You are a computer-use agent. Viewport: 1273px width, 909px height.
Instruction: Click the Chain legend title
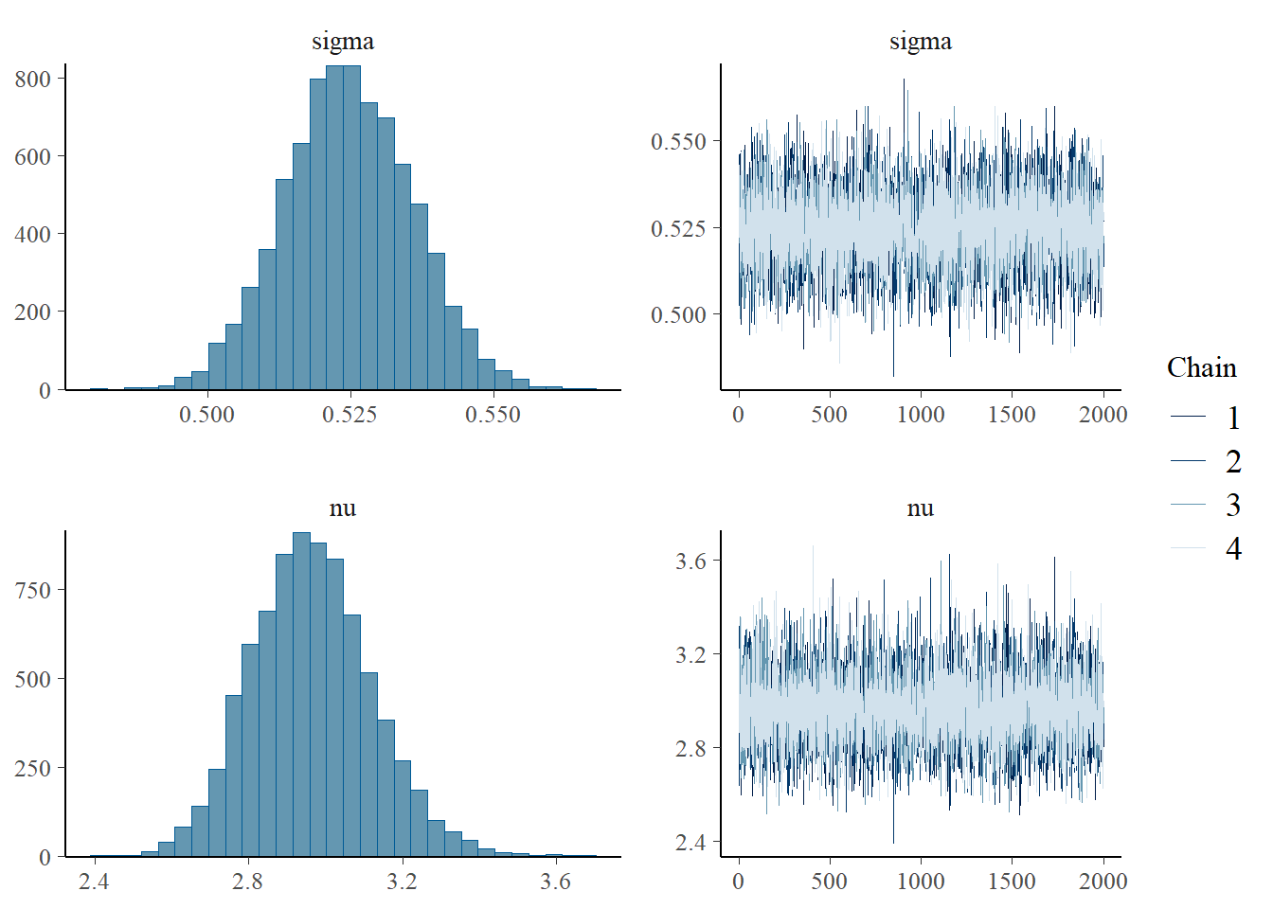[1201, 367]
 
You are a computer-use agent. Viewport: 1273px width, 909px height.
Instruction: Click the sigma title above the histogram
[343, 42]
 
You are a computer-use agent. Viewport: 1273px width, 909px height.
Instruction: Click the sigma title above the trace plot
[921, 42]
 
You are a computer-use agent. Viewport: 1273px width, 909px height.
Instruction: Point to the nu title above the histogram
[343, 508]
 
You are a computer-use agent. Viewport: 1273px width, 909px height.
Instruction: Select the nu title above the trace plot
[921, 508]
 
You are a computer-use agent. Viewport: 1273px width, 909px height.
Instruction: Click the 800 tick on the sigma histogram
[33, 80]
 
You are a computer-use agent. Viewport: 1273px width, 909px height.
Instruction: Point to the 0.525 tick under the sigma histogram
[350, 415]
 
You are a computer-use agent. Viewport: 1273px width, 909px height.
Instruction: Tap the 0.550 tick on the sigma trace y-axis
[678, 142]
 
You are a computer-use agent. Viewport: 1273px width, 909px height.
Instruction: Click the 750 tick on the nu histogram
[33, 590]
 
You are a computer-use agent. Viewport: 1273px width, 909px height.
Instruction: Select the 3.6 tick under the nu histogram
[556, 882]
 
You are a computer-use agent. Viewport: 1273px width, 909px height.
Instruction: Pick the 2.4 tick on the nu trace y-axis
[690, 843]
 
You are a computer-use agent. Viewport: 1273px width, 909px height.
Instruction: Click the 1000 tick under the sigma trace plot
[921, 415]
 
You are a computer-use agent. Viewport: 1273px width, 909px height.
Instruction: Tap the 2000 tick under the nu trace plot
[1103, 882]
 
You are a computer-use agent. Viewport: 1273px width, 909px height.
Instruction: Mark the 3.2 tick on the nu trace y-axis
[690, 655]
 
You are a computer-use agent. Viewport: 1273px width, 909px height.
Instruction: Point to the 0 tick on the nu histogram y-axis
[45, 858]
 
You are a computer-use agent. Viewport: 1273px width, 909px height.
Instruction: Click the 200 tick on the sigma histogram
[33, 312]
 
